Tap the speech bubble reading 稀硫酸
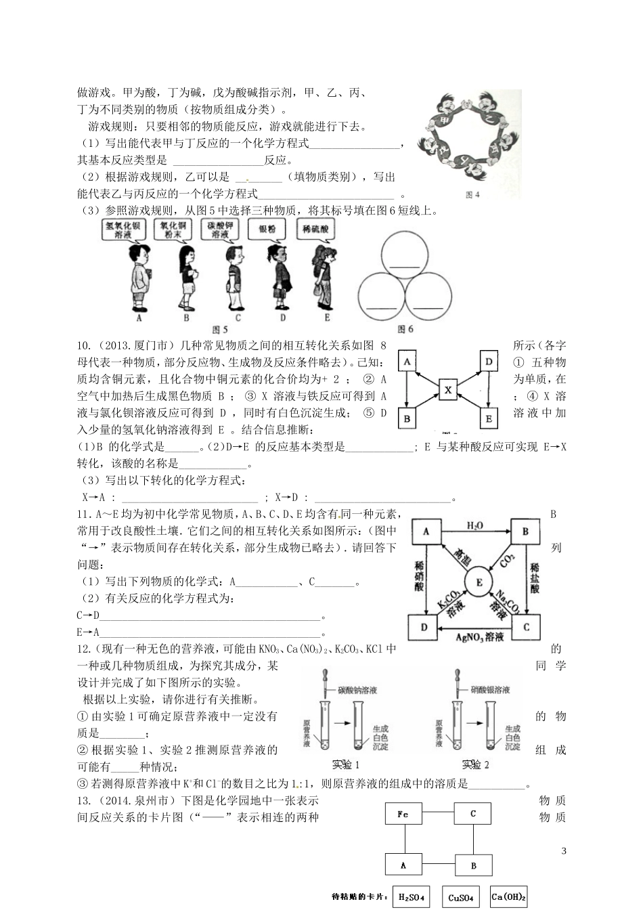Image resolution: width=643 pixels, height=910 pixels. (x=316, y=230)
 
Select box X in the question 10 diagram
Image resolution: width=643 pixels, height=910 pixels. (x=447, y=390)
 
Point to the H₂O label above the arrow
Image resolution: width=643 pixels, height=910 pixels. (x=474, y=525)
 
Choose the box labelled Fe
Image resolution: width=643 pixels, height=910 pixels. (x=403, y=815)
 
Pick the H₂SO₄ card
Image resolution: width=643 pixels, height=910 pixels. (x=412, y=896)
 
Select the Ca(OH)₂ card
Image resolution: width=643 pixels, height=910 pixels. (x=508, y=896)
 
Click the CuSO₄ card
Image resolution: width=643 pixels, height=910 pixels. (x=461, y=897)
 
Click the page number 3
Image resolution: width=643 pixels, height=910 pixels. (x=563, y=850)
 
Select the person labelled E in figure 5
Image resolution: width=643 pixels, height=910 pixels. (x=326, y=278)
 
